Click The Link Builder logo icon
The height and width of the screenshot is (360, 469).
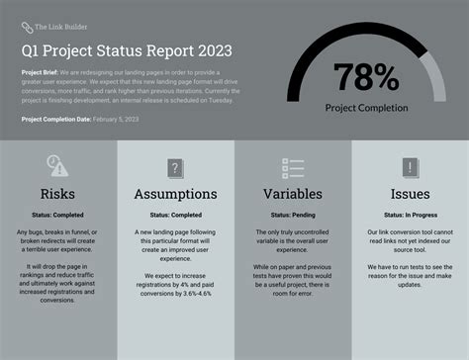(x=26, y=28)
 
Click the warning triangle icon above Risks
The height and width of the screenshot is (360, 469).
(x=58, y=167)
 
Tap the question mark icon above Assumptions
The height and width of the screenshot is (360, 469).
(x=175, y=167)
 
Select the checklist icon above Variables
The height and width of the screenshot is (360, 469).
(x=292, y=167)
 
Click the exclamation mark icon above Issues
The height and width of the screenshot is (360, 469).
(x=410, y=167)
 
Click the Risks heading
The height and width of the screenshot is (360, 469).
(x=58, y=194)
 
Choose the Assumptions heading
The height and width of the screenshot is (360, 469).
(x=175, y=194)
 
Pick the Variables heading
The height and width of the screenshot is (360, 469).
(x=292, y=194)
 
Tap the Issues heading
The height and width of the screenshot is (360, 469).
(x=410, y=194)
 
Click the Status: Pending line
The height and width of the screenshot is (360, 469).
(x=292, y=215)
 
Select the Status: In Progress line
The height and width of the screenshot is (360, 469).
(x=410, y=215)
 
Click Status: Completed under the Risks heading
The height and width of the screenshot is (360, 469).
(x=58, y=215)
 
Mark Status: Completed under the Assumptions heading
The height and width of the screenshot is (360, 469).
(x=175, y=215)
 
